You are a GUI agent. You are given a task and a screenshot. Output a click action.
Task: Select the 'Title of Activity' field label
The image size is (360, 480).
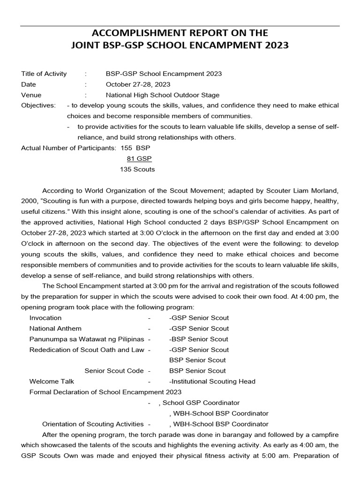(x=44, y=74)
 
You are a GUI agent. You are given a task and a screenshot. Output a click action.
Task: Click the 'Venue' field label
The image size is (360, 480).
(x=31, y=95)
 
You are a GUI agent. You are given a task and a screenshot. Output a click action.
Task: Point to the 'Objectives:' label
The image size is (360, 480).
(x=38, y=105)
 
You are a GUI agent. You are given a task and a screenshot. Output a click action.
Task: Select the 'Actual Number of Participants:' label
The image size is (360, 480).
(x=69, y=148)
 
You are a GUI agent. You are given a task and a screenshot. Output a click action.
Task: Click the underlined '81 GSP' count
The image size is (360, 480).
(x=139, y=158)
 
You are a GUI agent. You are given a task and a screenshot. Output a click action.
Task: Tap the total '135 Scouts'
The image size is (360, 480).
(x=137, y=169)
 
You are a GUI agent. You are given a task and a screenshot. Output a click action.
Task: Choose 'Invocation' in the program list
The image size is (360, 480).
(x=45, y=318)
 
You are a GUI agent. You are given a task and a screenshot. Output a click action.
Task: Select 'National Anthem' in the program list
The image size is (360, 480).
(x=55, y=328)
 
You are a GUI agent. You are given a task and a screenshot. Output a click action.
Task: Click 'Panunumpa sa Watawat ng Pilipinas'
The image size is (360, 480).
(x=87, y=339)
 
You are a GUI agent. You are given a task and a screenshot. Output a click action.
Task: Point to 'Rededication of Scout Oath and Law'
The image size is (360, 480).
(x=87, y=350)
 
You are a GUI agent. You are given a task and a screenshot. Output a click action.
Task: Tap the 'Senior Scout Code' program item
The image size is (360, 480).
(x=114, y=371)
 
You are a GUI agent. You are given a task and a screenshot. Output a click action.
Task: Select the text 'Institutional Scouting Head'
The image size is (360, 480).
(x=213, y=381)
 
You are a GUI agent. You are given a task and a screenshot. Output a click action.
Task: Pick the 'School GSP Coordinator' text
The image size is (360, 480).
(x=201, y=403)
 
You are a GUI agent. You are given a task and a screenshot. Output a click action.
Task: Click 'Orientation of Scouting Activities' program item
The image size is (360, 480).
(x=93, y=424)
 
